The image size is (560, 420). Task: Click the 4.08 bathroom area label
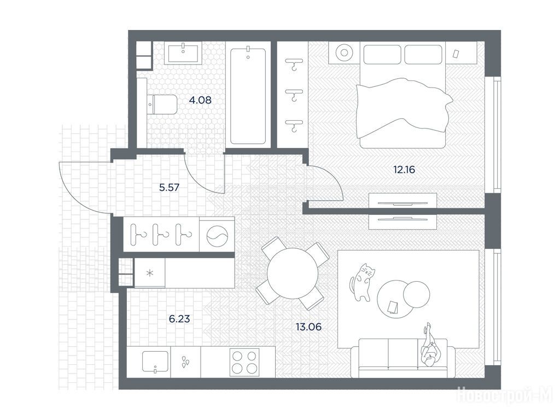tap(200, 100)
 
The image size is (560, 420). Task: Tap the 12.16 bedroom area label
tap(404, 170)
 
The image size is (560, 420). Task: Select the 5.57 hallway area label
tap(170, 187)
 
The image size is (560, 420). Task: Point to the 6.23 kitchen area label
tap(179, 319)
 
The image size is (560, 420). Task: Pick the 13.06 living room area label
tap(308, 326)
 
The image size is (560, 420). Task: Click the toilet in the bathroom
tap(162, 104)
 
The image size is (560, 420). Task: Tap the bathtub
tap(248, 96)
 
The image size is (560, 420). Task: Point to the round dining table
tap(292, 273)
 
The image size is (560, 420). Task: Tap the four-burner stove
tap(244, 362)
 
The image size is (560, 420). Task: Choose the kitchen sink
tap(155, 362)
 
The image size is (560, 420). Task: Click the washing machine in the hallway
tap(217, 236)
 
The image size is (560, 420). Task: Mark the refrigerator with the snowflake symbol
tap(150, 273)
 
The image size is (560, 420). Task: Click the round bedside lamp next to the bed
tap(344, 53)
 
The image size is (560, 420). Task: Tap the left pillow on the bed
tap(382, 54)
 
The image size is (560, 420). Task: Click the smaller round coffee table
tap(416, 294)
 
